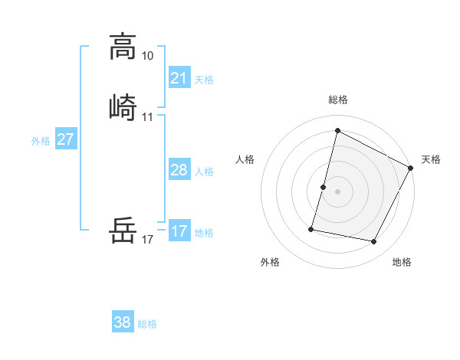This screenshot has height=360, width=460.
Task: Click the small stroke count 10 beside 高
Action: click(x=148, y=56)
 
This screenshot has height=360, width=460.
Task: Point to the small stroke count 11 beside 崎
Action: click(x=148, y=117)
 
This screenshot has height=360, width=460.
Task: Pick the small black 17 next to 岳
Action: click(x=148, y=240)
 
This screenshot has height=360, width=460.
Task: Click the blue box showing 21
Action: click(x=179, y=77)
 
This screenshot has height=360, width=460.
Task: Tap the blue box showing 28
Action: click(x=179, y=170)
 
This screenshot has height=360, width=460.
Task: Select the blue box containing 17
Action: click(x=179, y=231)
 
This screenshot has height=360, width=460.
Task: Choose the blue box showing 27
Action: click(x=65, y=139)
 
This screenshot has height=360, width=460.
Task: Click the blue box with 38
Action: click(x=123, y=322)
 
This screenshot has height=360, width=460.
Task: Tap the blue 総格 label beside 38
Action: click(x=147, y=324)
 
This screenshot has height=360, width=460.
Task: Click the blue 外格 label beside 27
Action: click(x=41, y=141)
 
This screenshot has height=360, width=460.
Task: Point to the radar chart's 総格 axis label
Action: click(x=337, y=100)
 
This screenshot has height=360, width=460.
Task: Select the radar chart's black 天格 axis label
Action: click(x=431, y=159)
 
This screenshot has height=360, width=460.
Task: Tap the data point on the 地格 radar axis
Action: click(x=373, y=242)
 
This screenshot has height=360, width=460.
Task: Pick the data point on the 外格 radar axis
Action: click(x=312, y=228)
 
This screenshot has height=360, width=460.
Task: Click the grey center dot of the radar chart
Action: click(x=337, y=191)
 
